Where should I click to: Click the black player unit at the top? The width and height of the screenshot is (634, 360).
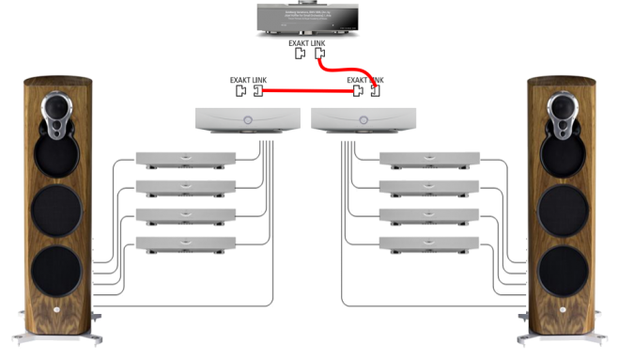click(x=317, y=21)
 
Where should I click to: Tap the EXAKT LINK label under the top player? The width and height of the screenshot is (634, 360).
click(x=309, y=43)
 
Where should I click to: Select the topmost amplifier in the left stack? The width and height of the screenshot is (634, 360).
click(x=186, y=159)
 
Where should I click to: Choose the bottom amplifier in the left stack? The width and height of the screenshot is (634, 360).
click(x=186, y=243)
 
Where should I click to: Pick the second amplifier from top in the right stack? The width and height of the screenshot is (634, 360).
click(x=429, y=186)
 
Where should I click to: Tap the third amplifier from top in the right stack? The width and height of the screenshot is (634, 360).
click(x=429, y=214)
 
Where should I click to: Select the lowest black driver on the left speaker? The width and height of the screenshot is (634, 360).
click(x=58, y=271)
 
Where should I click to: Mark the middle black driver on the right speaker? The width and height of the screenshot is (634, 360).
click(x=564, y=210)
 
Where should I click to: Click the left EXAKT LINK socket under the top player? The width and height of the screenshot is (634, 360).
click(x=300, y=54)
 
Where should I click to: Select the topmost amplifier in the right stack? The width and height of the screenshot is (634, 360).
click(x=429, y=159)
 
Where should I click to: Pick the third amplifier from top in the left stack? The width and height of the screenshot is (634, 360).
click(x=186, y=214)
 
